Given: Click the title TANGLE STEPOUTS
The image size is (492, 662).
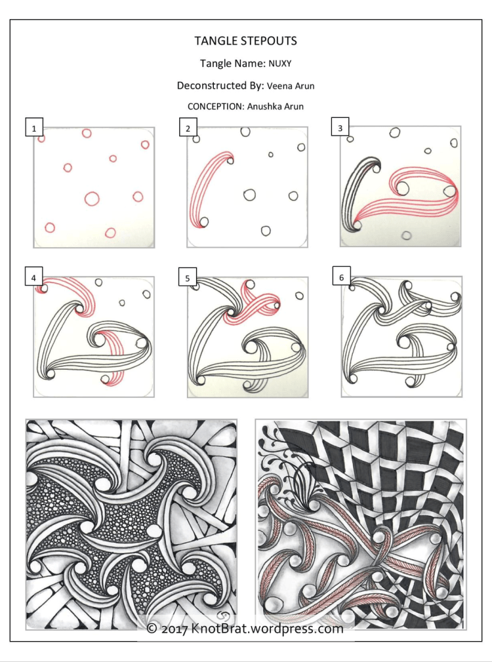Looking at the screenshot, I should [245, 41].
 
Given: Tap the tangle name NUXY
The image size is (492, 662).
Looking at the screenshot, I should [279, 64].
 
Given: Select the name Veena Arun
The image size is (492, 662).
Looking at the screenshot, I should [291, 86].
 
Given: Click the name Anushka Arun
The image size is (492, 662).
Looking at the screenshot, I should [276, 106].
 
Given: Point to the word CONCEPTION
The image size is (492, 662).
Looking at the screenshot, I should [215, 106].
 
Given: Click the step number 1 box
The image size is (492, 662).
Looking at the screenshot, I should [33, 128].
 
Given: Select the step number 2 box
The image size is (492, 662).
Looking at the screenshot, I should [188, 128].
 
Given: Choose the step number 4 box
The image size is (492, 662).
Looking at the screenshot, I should [33, 278].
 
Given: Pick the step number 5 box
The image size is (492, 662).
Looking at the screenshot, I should [188, 278].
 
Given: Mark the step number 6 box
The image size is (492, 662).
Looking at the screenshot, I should [340, 278].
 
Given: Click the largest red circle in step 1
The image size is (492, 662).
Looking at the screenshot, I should [91, 197].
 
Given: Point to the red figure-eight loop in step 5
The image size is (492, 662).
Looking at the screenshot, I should [253, 305].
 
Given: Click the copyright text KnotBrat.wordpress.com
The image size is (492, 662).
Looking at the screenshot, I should [266, 629].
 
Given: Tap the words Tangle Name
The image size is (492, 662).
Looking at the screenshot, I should [231, 64].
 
